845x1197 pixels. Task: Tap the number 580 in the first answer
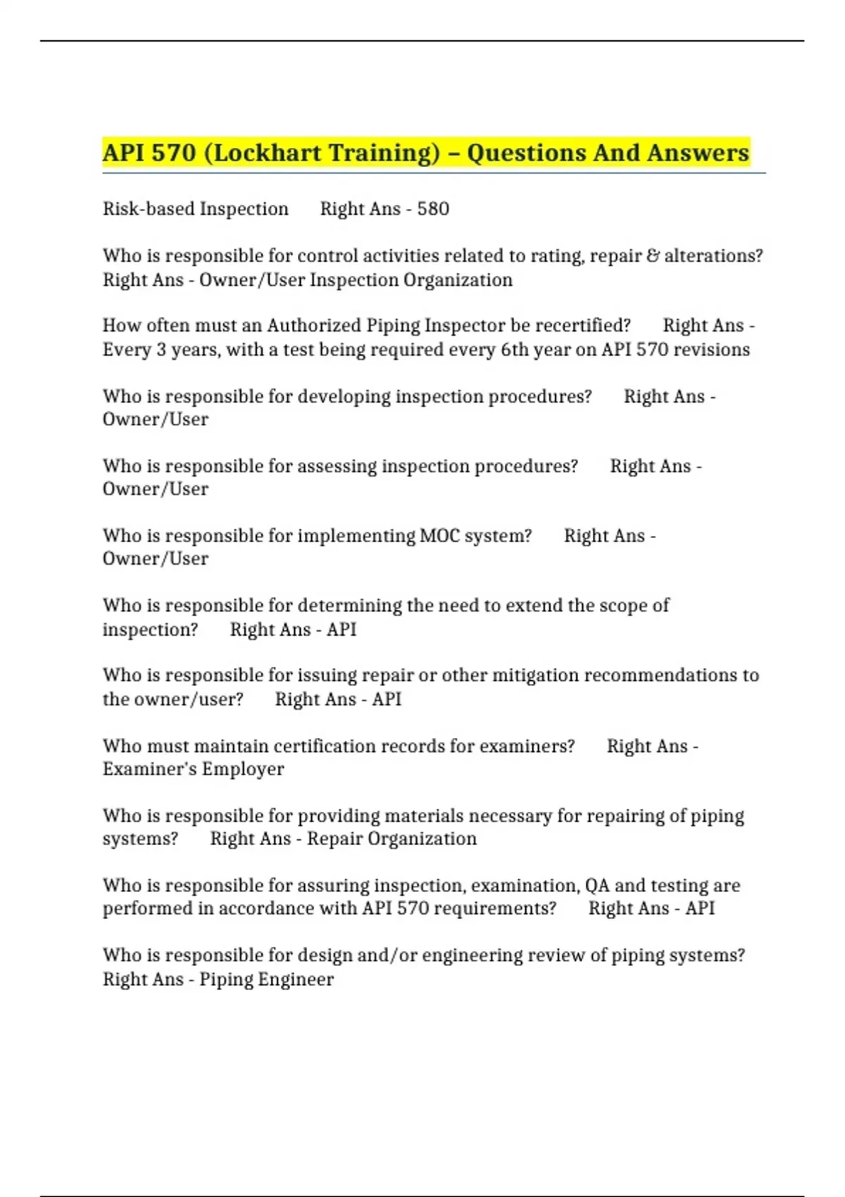tap(433, 209)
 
